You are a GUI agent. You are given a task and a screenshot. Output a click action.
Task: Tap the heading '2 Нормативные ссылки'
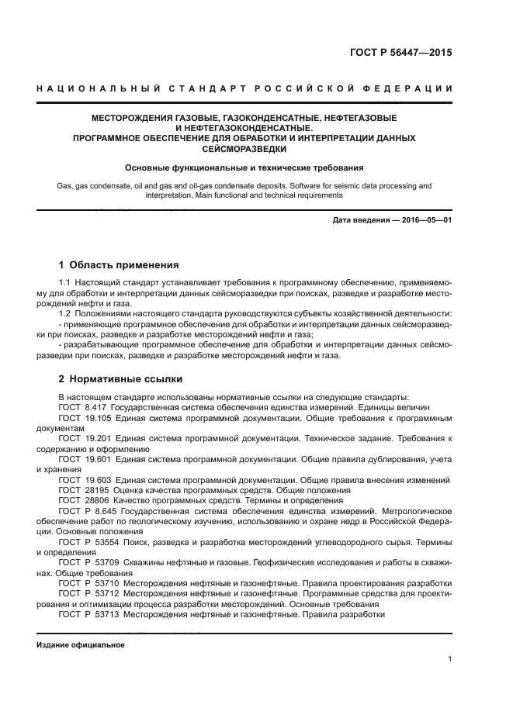pos(120,379)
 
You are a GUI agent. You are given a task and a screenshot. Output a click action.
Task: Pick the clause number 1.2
pos(66,313)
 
